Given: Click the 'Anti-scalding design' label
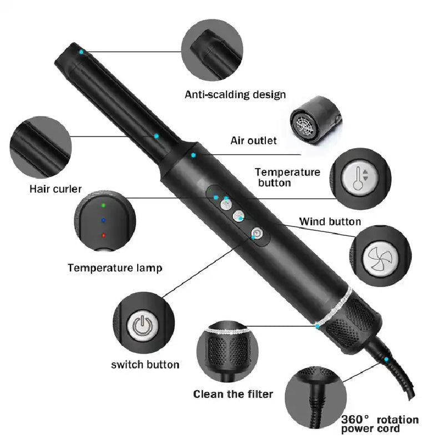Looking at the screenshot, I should [x=235, y=94].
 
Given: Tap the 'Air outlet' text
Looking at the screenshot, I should [x=254, y=140].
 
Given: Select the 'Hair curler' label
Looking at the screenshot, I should [x=56, y=189].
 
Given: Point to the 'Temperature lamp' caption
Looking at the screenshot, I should [x=115, y=268].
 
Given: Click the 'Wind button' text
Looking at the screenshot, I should [x=330, y=221].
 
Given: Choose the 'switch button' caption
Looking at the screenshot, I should [x=145, y=365].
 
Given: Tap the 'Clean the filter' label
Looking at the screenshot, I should [x=233, y=394].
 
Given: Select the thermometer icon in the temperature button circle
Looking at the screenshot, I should [x=361, y=178].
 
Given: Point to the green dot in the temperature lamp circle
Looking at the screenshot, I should [x=103, y=205].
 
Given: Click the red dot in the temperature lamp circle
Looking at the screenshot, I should [x=103, y=235].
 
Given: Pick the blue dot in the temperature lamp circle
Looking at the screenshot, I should [x=103, y=220].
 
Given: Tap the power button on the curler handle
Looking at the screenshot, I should [x=258, y=234].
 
